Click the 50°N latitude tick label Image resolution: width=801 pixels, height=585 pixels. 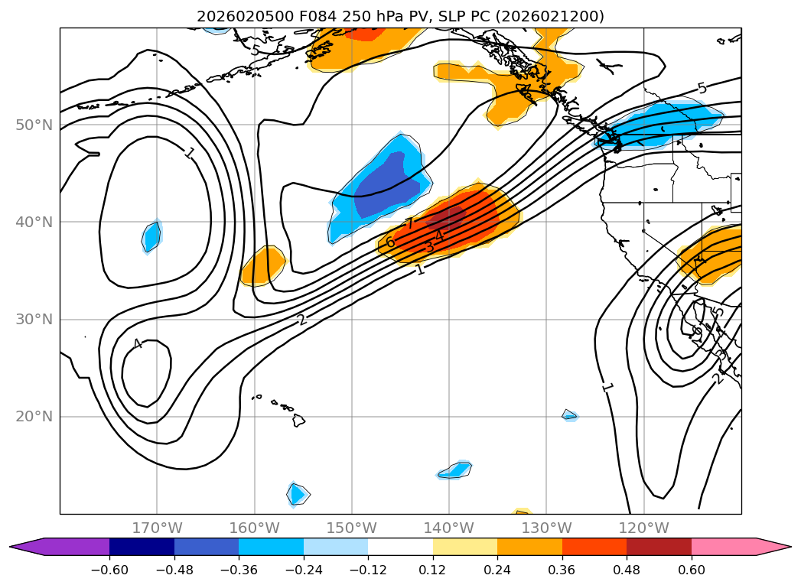pos(34,125)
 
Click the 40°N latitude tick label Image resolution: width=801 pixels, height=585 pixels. pos(34,222)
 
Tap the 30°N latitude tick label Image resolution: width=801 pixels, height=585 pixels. pos(34,320)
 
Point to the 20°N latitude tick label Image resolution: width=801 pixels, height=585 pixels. pos(34,417)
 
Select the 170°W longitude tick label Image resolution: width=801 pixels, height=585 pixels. pos(157,528)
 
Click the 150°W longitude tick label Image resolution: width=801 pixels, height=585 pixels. pos(352,528)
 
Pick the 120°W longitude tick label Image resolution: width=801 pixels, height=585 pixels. pos(643,528)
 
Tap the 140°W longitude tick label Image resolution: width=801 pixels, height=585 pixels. pos(449,528)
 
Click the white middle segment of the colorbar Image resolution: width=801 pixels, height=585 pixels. pos(400,546)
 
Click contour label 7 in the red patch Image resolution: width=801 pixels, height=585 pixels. pos(410,223)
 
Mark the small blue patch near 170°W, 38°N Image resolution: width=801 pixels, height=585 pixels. pos(152,236)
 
